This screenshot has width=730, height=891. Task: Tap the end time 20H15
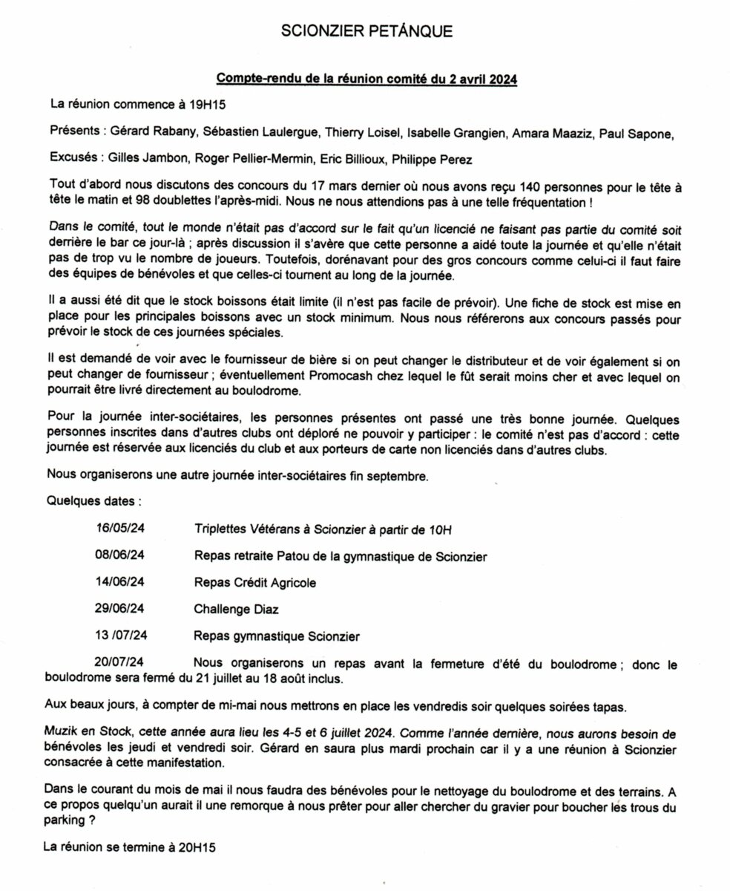194,845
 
